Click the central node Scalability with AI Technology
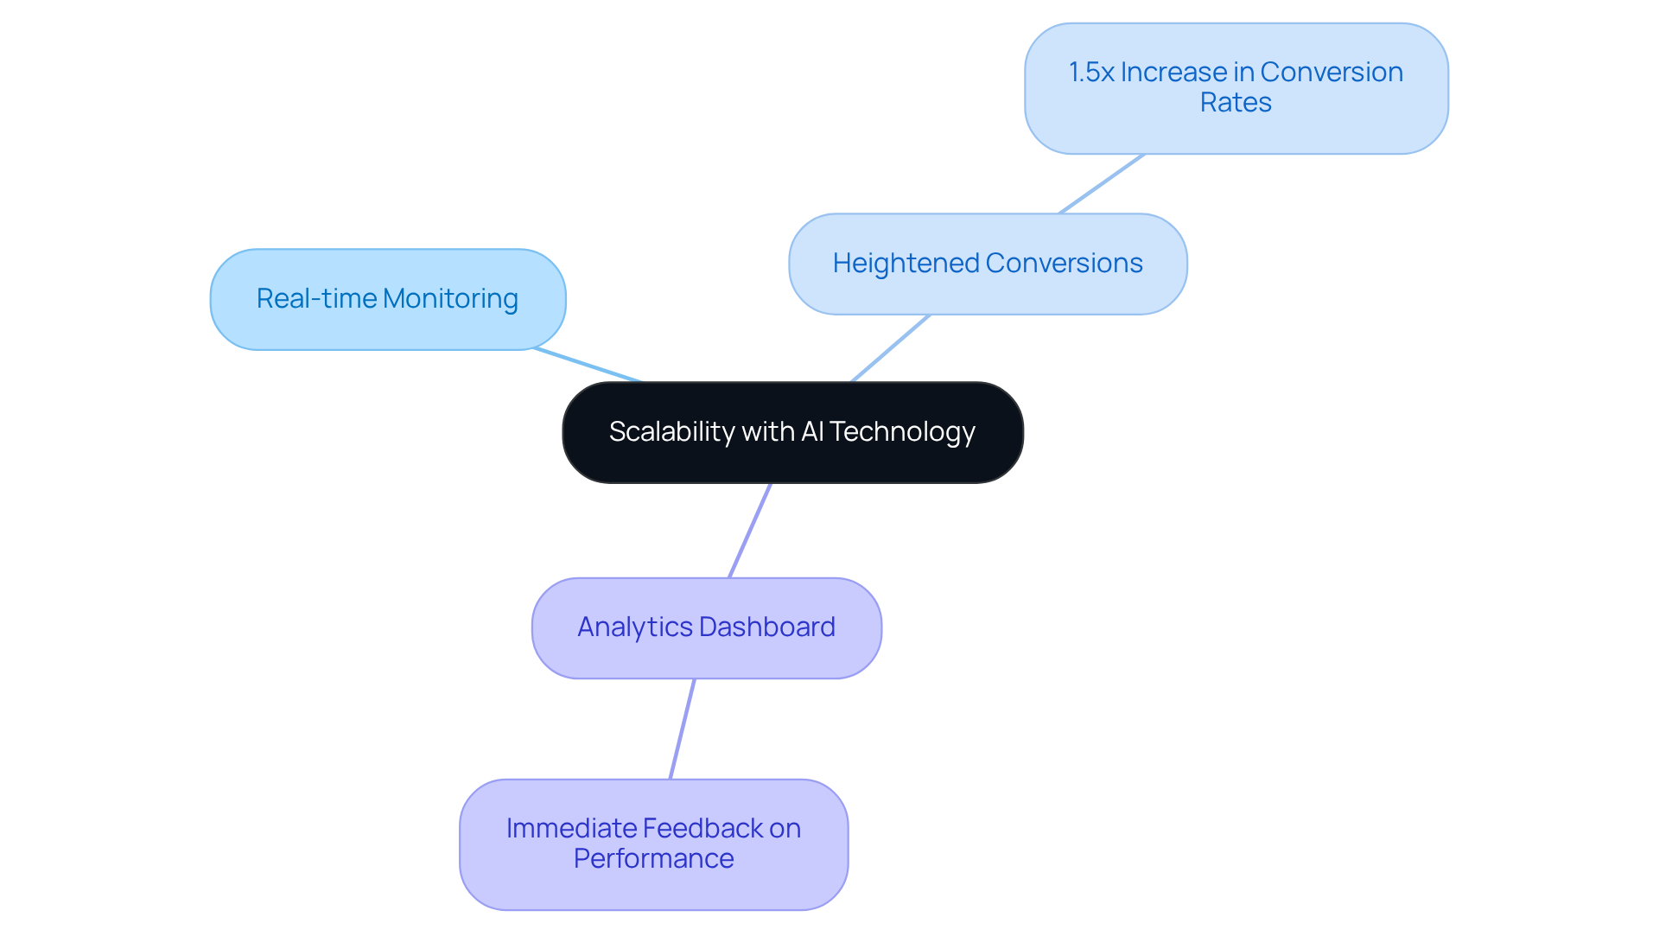(x=792, y=432)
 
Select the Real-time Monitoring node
(x=387, y=299)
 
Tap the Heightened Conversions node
(x=988, y=264)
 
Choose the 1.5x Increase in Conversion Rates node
(x=1236, y=87)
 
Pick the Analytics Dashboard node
(x=706, y=627)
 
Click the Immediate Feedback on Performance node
(x=653, y=844)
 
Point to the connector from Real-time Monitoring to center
(x=588, y=365)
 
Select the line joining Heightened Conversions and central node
(x=890, y=348)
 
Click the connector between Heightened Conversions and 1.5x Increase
(x=1102, y=184)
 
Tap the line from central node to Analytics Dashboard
(x=749, y=531)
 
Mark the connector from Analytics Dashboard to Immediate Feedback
(x=683, y=729)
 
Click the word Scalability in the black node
(x=671, y=431)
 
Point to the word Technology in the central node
(x=902, y=431)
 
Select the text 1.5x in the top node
(x=1091, y=73)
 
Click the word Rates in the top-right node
(x=1236, y=103)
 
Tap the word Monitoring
(x=450, y=299)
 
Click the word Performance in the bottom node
(x=653, y=859)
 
